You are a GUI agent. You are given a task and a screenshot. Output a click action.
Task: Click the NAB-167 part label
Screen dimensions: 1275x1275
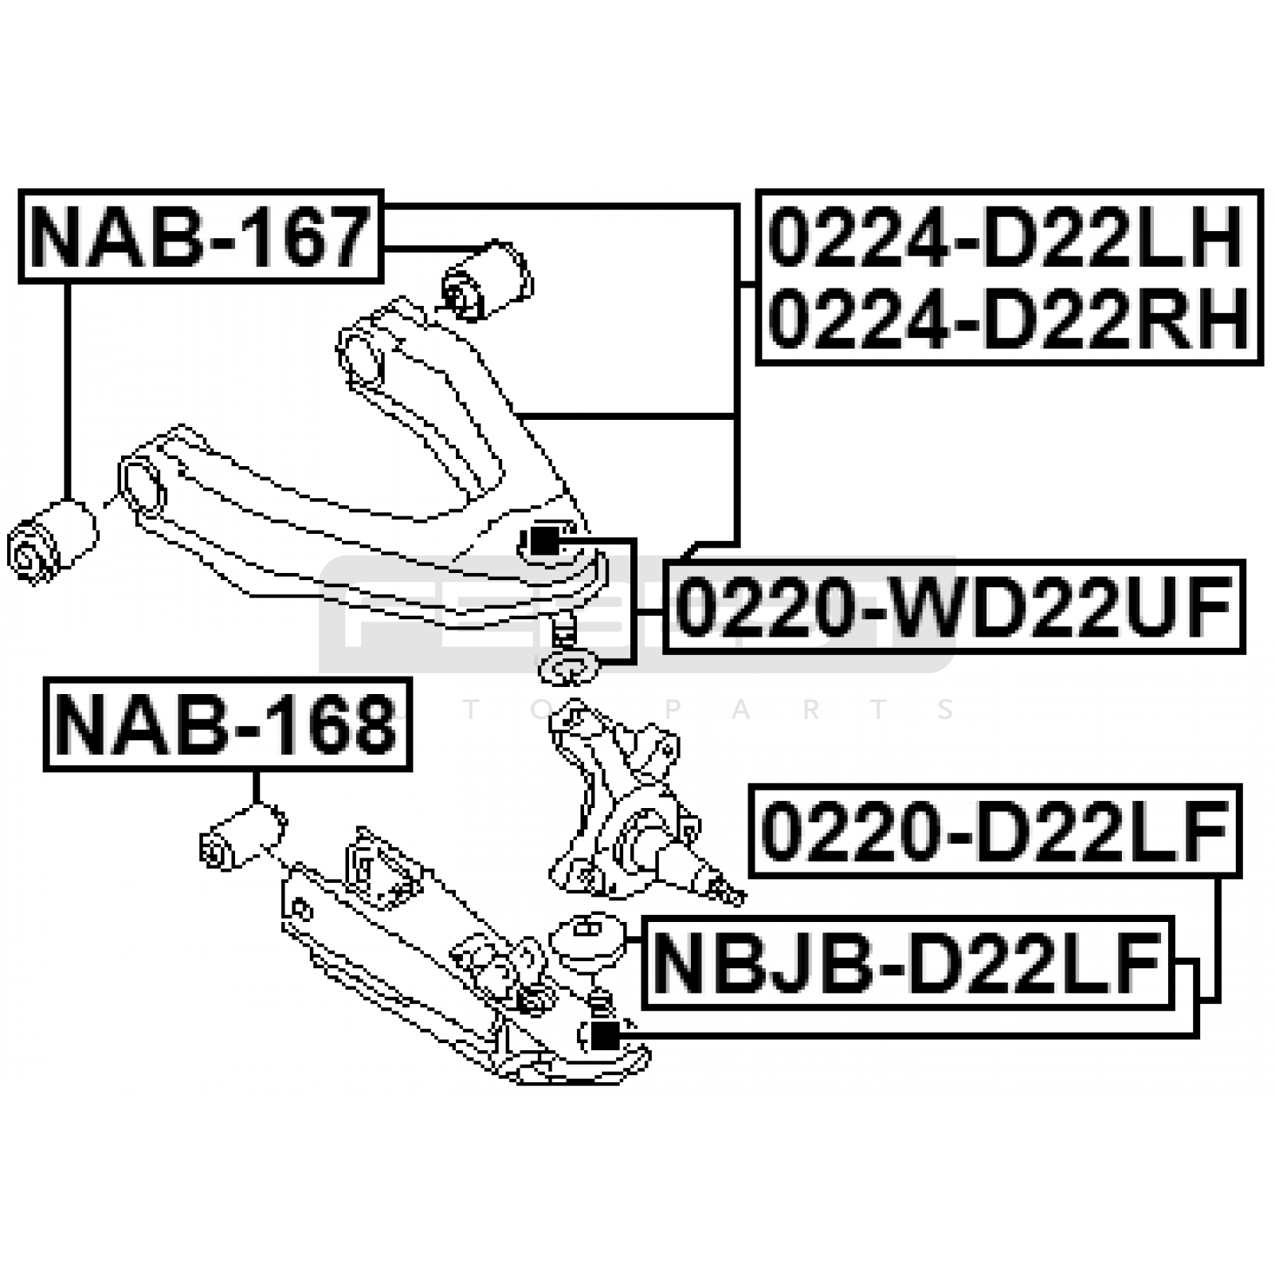coord(201,236)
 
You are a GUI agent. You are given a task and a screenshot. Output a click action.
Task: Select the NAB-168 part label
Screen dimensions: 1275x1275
coord(227,724)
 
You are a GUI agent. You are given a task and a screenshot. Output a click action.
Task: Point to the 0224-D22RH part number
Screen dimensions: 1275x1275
coord(1008,319)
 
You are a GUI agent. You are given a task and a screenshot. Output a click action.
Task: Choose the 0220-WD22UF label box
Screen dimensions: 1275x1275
coord(953,606)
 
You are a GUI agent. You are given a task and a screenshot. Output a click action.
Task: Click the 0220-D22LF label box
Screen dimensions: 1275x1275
coord(995,830)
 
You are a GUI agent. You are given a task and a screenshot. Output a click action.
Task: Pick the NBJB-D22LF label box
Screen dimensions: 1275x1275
coord(908,963)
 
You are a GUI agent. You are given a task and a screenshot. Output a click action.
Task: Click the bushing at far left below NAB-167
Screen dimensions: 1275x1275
coord(51,542)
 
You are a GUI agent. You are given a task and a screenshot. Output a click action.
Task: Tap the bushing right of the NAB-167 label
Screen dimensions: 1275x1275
coord(487,280)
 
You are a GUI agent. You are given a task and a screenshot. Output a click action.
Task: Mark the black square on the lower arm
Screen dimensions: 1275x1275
coord(606,1035)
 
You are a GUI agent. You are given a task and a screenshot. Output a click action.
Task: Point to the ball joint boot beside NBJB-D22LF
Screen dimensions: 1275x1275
coord(589,940)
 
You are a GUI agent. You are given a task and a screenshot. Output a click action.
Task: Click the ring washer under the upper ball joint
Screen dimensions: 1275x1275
coord(568,667)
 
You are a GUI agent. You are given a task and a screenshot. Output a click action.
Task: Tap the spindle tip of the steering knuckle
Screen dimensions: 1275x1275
coord(728,889)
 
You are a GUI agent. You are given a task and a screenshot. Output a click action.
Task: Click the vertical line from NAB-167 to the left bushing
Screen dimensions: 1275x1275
coord(68,391)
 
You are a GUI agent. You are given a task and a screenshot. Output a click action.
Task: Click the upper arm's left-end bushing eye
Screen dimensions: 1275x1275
coord(142,482)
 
